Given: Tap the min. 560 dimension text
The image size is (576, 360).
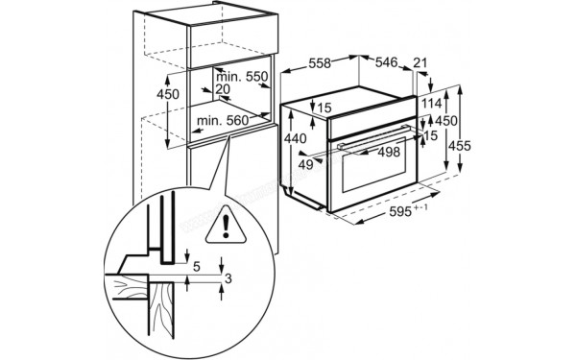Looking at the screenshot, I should click(222, 121).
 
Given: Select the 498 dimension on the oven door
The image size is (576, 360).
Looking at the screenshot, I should click(389, 152).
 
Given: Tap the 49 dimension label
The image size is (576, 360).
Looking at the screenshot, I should click(306, 164).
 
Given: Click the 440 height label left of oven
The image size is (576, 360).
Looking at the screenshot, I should click(297, 139).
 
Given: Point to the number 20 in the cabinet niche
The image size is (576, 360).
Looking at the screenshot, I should click(223, 89).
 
